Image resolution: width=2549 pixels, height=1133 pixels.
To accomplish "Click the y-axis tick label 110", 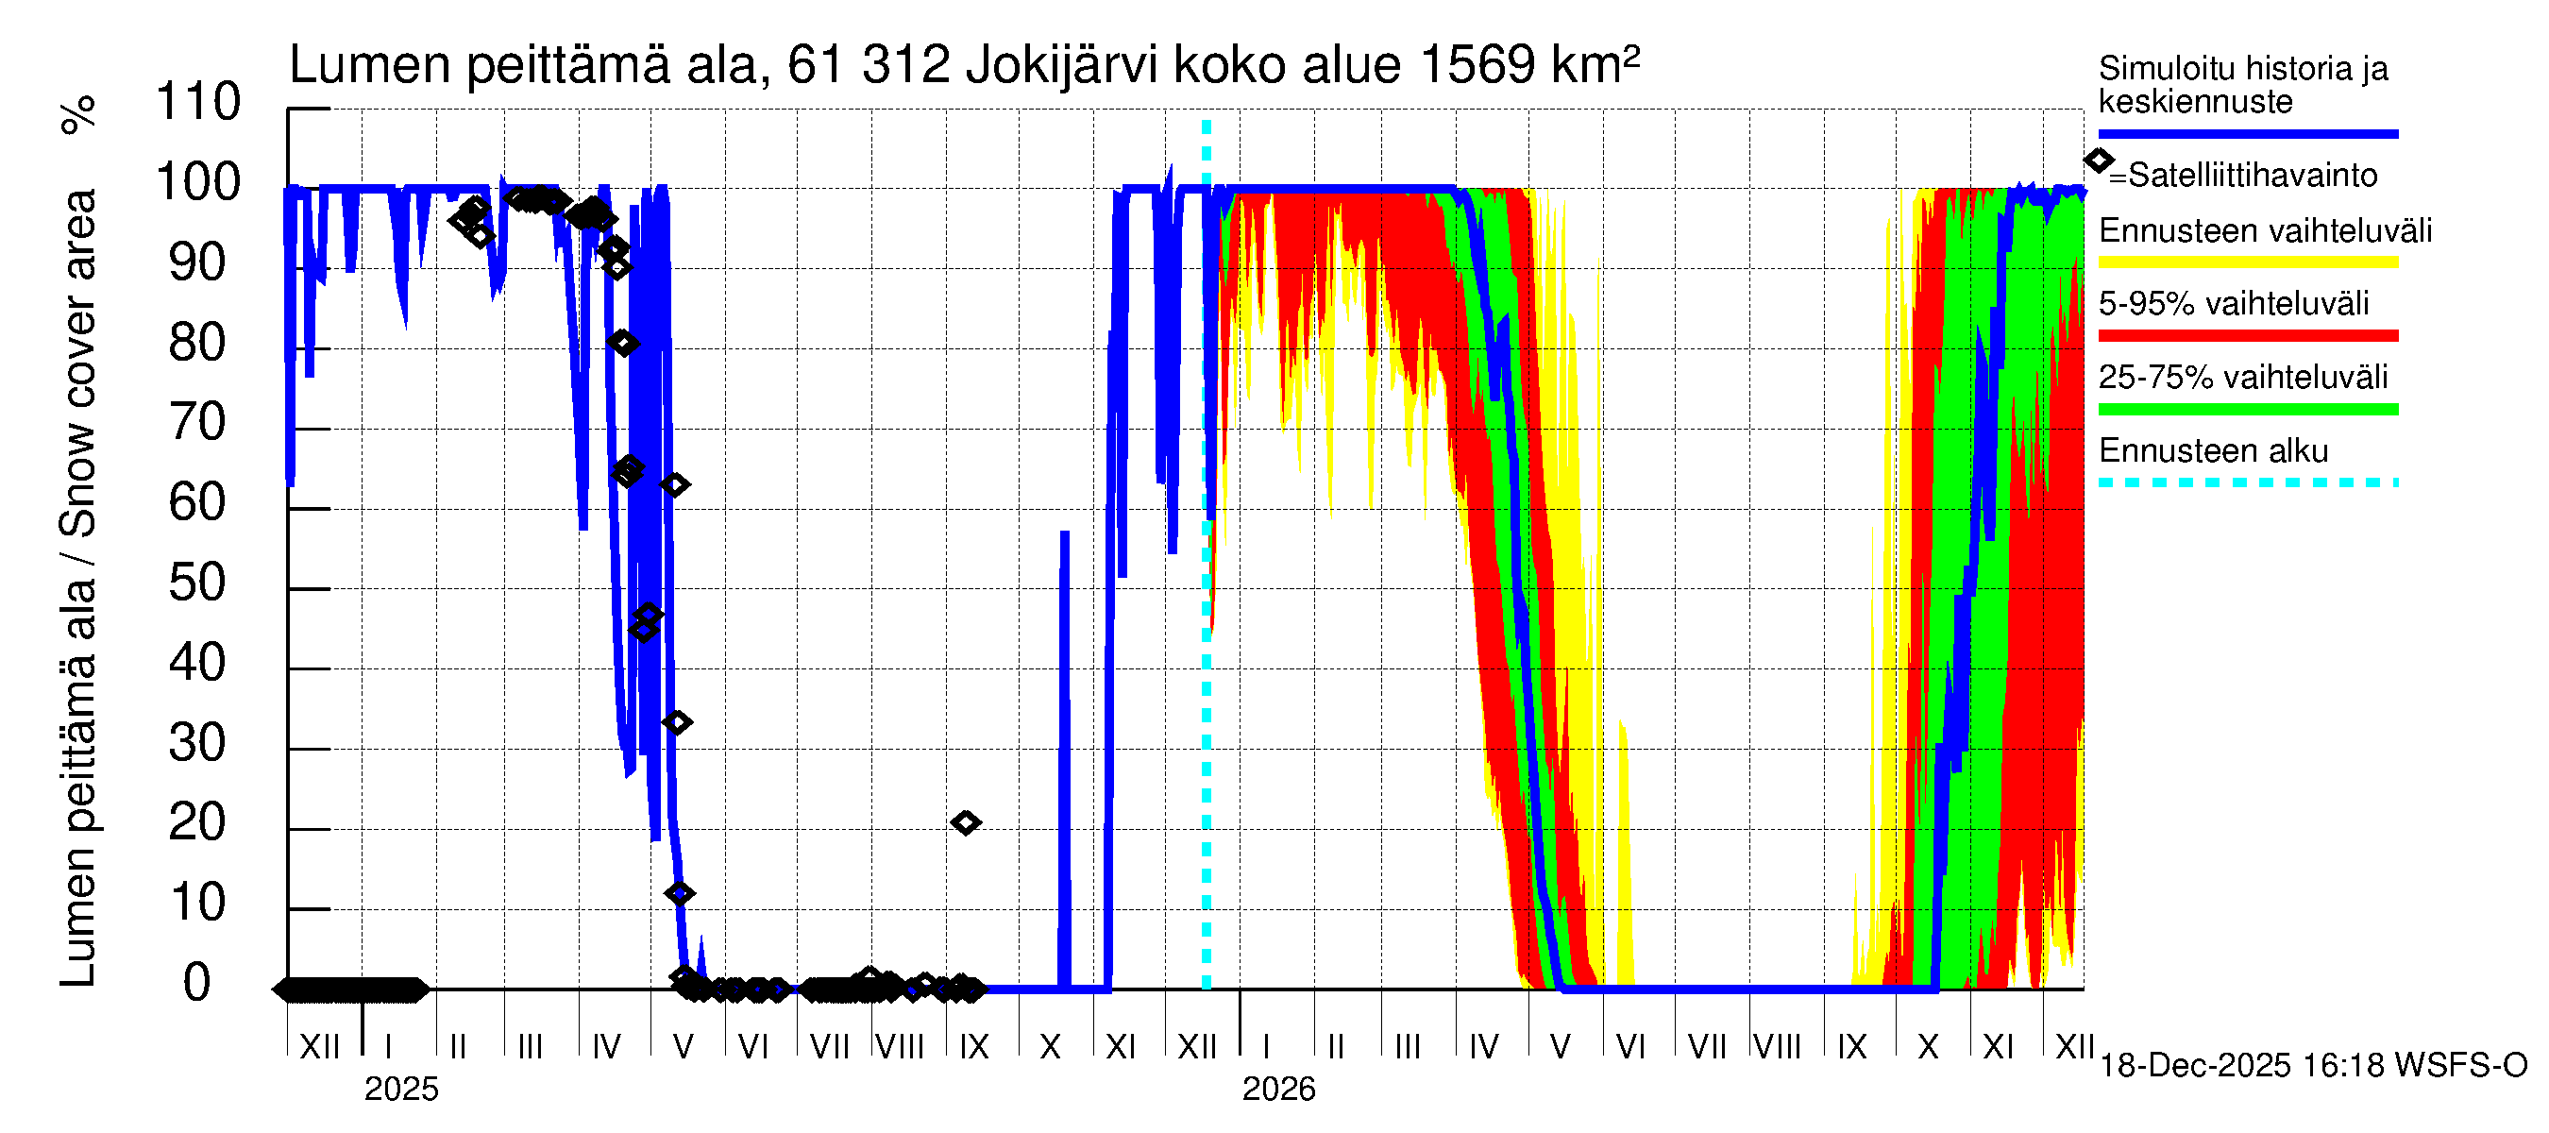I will pyautogui.click(x=198, y=102).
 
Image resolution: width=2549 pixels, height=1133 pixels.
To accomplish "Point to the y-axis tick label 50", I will pyautogui.click(x=198, y=583).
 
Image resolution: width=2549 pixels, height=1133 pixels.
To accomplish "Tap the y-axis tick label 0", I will pyautogui.click(x=198, y=983).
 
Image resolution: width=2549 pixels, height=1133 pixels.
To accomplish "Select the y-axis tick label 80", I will pyautogui.click(x=198, y=343).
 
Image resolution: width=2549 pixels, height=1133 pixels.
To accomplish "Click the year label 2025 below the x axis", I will pyautogui.click(x=400, y=1090).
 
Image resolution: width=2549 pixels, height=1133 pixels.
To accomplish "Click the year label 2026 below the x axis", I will pyautogui.click(x=1278, y=1090).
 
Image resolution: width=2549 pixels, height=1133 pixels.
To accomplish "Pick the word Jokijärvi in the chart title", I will pyautogui.click(x=1062, y=65).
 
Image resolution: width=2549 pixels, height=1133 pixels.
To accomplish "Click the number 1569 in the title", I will pyautogui.click(x=1477, y=65).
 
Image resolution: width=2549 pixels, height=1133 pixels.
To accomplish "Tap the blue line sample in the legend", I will pyautogui.click(x=2247, y=133).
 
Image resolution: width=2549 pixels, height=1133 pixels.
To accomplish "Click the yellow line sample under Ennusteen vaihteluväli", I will pyautogui.click(x=2247, y=262).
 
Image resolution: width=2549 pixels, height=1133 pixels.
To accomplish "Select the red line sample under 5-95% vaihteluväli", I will pyautogui.click(x=2247, y=335).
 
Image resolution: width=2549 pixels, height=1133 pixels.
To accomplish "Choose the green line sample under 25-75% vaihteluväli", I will pyautogui.click(x=2247, y=409).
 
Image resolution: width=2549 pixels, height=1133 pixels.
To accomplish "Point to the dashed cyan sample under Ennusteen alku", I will pyautogui.click(x=2247, y=482).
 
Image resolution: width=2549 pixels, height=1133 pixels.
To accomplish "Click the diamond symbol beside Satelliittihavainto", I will pyautogui.click(x=2098, y=161).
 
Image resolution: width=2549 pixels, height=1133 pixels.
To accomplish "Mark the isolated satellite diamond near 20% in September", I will pyautogui.click(x=966, y=822).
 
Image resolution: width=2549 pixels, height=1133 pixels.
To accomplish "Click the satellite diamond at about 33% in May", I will pyautogui.click(x=677, y=722).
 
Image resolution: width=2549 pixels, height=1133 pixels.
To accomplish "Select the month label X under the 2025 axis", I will pyautogui.click(x=1050, y=1047).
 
